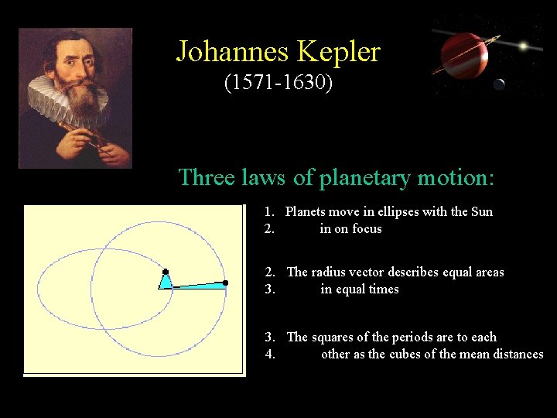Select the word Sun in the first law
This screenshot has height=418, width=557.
(481, 211)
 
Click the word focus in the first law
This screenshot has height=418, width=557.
(367, 228)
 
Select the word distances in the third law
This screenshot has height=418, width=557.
(515, 354)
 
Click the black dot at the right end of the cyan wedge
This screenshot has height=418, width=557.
(225, 283)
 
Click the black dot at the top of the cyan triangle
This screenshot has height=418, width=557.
(166, 272)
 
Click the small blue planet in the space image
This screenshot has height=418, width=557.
(500, 84)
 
